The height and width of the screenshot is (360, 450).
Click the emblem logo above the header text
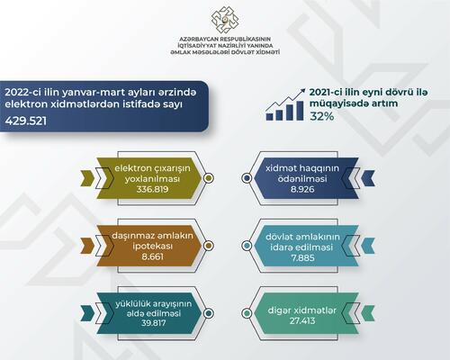coord(225,20)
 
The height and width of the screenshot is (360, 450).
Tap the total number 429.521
coord(26,121)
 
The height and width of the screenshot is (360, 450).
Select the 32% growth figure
coord(322,116)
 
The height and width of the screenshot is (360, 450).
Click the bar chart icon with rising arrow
coord(285,104)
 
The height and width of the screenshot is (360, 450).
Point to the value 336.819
coord(152,189)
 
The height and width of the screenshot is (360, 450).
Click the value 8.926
coord(302,189)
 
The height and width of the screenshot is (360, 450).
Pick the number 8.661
coord(153,256)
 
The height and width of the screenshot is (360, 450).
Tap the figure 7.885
coord(302,257)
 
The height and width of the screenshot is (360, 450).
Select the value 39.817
coord(153,323)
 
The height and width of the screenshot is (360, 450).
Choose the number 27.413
coord(302,321)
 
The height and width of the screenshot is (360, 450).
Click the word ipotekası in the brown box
coord(153,247)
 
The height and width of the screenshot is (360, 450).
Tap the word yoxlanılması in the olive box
coord(152,179)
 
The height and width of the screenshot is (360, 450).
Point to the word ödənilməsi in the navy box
coord(302,179)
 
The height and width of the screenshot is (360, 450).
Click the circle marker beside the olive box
coord(208,178)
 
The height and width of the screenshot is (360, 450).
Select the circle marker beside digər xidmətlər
coord(247,313)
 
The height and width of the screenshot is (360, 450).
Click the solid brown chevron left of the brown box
coord(87,246)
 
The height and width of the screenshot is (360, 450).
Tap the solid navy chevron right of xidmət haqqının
coord(368,178)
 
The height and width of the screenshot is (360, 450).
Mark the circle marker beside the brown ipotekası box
coord(208,246)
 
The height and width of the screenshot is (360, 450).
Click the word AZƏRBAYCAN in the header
coord(199,40)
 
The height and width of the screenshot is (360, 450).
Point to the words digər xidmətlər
coord(302,310)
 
